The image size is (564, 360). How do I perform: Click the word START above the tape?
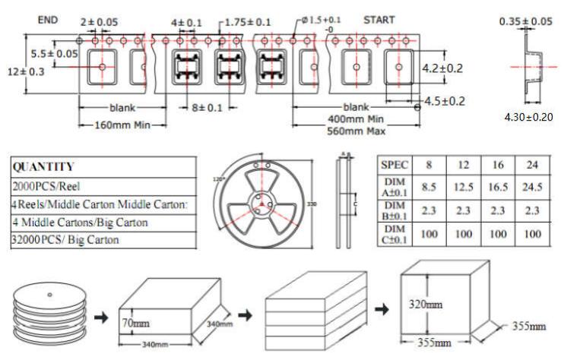(379, 19)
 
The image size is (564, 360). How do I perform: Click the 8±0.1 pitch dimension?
(207, 108)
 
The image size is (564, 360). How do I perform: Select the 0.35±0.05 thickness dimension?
(525, 21)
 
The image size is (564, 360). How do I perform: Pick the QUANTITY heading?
(44, 167)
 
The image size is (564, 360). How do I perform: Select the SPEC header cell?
(395, 164)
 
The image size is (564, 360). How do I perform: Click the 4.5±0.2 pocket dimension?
(444, 100)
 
